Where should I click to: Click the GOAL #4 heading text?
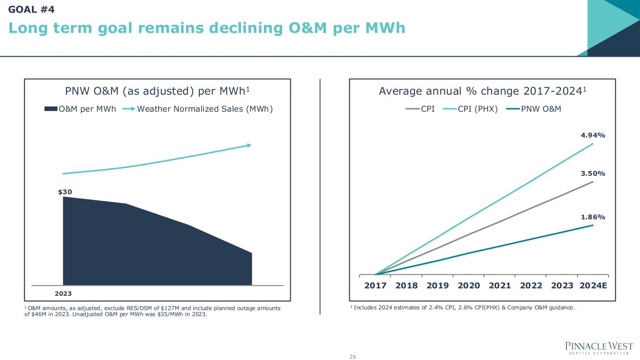[x=31, y=8]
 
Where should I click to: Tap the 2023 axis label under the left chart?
[x=63, y=293]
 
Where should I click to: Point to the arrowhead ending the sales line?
[x=249, y=145]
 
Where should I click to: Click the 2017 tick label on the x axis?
[x=375, y=285]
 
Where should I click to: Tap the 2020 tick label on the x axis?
[x=468, y=285]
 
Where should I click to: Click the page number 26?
[x=353, y=357]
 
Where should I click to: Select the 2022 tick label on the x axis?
[x=531, y=285]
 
